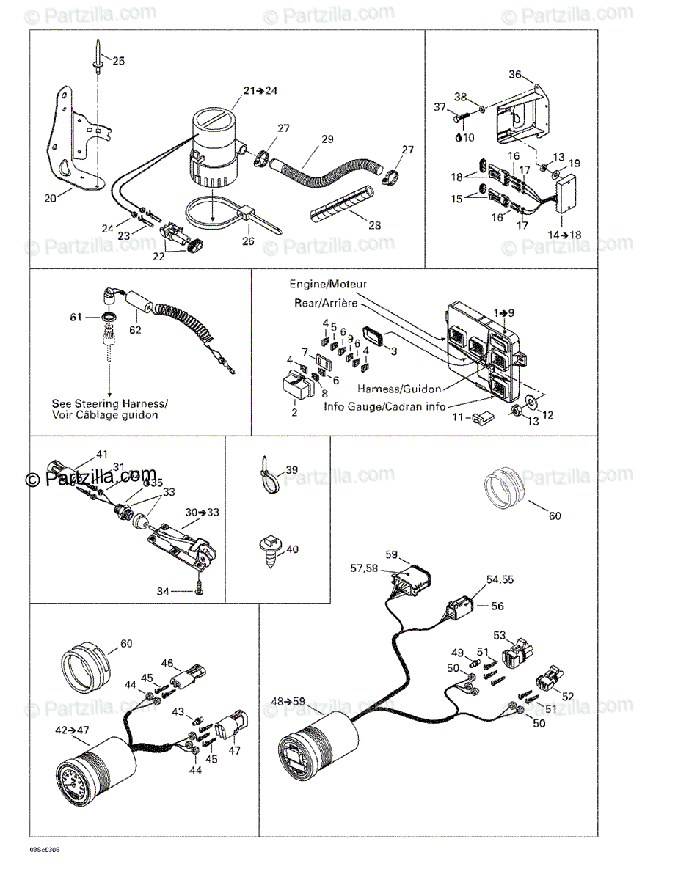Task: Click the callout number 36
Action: click(515, 74)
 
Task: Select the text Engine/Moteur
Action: click(327, 284)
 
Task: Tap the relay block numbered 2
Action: click(296, 386)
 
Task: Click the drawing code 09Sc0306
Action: click(45, 849)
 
